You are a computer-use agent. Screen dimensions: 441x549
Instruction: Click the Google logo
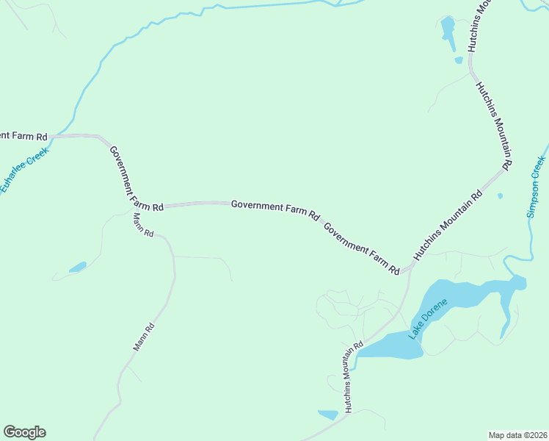24,432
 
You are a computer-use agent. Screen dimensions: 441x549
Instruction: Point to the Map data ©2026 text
517,435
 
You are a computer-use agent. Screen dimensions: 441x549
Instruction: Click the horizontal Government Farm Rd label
275,209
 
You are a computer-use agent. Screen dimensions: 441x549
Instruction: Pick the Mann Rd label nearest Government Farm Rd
143,224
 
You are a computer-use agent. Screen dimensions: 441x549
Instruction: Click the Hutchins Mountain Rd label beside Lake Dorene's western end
354,376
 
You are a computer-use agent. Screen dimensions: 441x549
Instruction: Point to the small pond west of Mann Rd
77,267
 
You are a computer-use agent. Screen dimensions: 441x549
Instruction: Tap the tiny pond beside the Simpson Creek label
500,196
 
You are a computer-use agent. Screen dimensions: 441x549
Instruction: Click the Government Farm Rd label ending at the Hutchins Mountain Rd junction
361,248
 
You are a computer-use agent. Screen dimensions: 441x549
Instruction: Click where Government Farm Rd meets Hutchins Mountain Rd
405,270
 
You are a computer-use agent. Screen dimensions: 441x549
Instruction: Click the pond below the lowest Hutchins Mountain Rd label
327,415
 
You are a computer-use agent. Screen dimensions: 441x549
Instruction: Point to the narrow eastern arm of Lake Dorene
506,312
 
